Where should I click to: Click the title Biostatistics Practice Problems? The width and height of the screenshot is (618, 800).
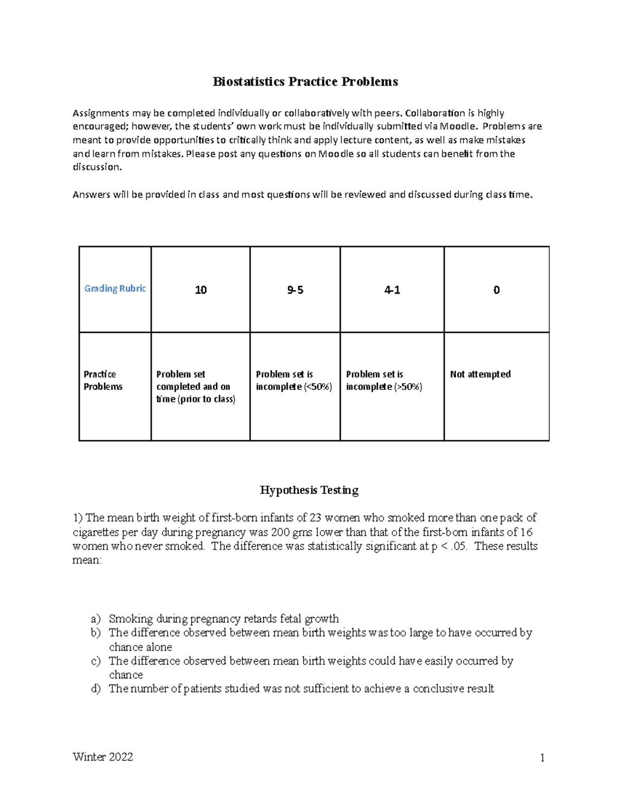pos(305,82)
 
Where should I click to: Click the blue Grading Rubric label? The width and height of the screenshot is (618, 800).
pos(115,288)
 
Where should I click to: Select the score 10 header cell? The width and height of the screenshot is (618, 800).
pos(200,290)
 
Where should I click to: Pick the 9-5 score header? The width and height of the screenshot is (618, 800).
pos(295,290)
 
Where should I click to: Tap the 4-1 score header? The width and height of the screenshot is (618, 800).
pos(392,290)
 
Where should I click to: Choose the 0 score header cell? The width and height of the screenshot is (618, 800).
pos(496,290)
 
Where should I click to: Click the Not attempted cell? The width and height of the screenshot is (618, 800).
pos(480,375)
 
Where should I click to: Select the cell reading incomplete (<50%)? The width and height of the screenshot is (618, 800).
pos(294,386)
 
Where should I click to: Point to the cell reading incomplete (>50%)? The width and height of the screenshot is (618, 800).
pos(384,386)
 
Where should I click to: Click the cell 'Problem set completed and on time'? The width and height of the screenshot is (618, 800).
pos(195,386)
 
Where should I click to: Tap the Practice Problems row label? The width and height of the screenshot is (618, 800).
pos(103,381)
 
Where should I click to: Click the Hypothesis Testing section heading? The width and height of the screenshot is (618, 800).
pos(309,490)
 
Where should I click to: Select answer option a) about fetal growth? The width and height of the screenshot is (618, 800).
pos(224,619)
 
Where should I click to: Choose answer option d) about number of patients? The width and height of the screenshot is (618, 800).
pos(301,689)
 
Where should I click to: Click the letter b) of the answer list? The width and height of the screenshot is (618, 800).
pos(96,633)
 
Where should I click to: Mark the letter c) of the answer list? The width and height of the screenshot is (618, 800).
pos(96,661)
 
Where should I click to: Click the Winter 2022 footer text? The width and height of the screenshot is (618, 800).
pos(103,757)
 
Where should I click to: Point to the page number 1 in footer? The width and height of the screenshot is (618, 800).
pos(542,757)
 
